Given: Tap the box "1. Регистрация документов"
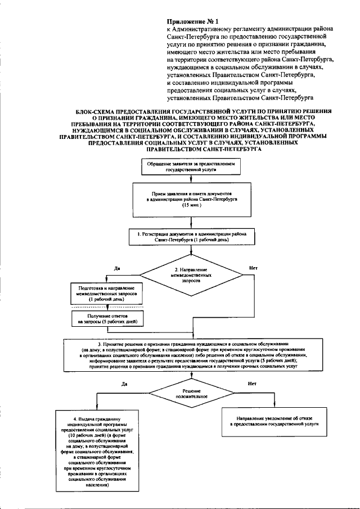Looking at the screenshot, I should click(x=192, y=236).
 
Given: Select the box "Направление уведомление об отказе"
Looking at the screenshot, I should click(x=274, y=422).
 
